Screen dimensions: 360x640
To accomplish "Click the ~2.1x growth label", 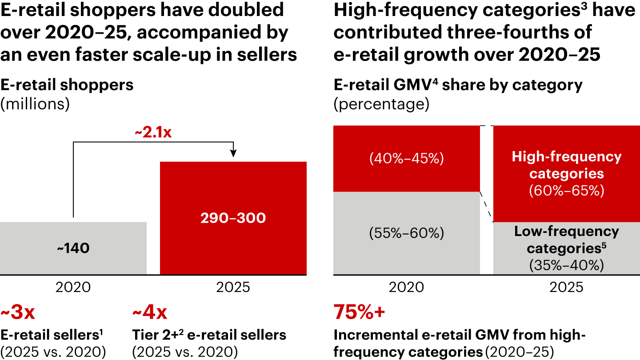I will pos(153,133).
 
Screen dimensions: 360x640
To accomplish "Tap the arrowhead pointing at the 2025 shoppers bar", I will pos(233,154).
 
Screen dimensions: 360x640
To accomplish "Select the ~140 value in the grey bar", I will pos(73,248).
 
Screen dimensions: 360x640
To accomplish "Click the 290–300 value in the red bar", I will pos(233,218).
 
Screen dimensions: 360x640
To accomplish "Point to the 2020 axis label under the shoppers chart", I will pos(73,288).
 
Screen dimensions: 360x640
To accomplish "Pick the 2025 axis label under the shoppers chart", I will pos(233,288).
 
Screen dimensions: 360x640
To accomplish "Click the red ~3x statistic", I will pos(18,313).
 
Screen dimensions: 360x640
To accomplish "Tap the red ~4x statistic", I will pos(150,313).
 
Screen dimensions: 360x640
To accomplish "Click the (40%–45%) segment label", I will pos(406,159).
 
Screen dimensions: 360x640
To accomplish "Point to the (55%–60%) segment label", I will pos(406,233).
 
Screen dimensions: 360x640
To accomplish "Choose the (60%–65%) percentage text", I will pos(566,191).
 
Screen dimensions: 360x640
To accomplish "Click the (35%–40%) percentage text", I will pos(566,265).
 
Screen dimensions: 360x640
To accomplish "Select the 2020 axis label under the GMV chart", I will pos(406,288).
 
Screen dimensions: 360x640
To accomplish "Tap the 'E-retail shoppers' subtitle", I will pos(67,84).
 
